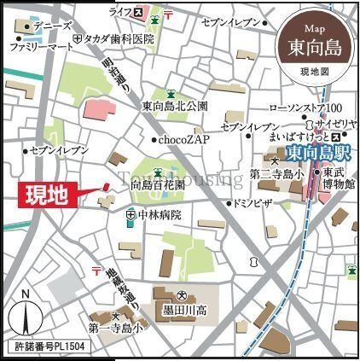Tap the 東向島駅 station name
(317, 155)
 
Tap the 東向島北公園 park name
(175, 107)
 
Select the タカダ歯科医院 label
(119, 39)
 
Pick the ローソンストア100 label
(305, 108)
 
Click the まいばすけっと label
(299, 137)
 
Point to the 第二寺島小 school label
(278, 174)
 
